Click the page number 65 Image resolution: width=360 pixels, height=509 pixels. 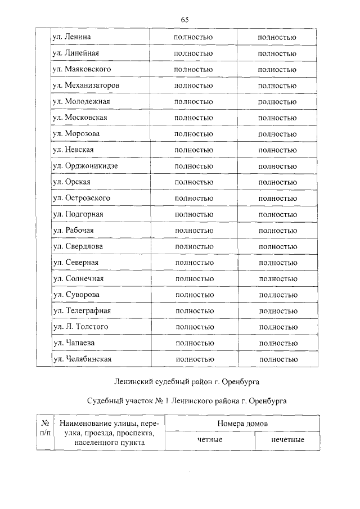click(184, 20)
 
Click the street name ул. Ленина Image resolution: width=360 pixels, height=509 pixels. click(71, 37)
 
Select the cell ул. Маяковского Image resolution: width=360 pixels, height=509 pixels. click(81, 69)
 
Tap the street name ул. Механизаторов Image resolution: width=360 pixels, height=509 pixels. click(85, 85)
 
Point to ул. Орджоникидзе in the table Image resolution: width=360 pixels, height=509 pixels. click(85, 166)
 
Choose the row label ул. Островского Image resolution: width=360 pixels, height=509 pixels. click(81, 199)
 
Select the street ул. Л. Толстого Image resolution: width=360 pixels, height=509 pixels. click(80, 327)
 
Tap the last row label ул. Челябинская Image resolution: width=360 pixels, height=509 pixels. click(82, 359)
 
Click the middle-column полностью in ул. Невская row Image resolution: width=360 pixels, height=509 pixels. click(193, 150)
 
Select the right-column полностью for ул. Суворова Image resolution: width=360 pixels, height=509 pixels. click(278, 295)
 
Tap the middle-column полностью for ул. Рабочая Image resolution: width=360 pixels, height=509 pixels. click(193, 231)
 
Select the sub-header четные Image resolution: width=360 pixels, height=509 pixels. click(210, 440)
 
